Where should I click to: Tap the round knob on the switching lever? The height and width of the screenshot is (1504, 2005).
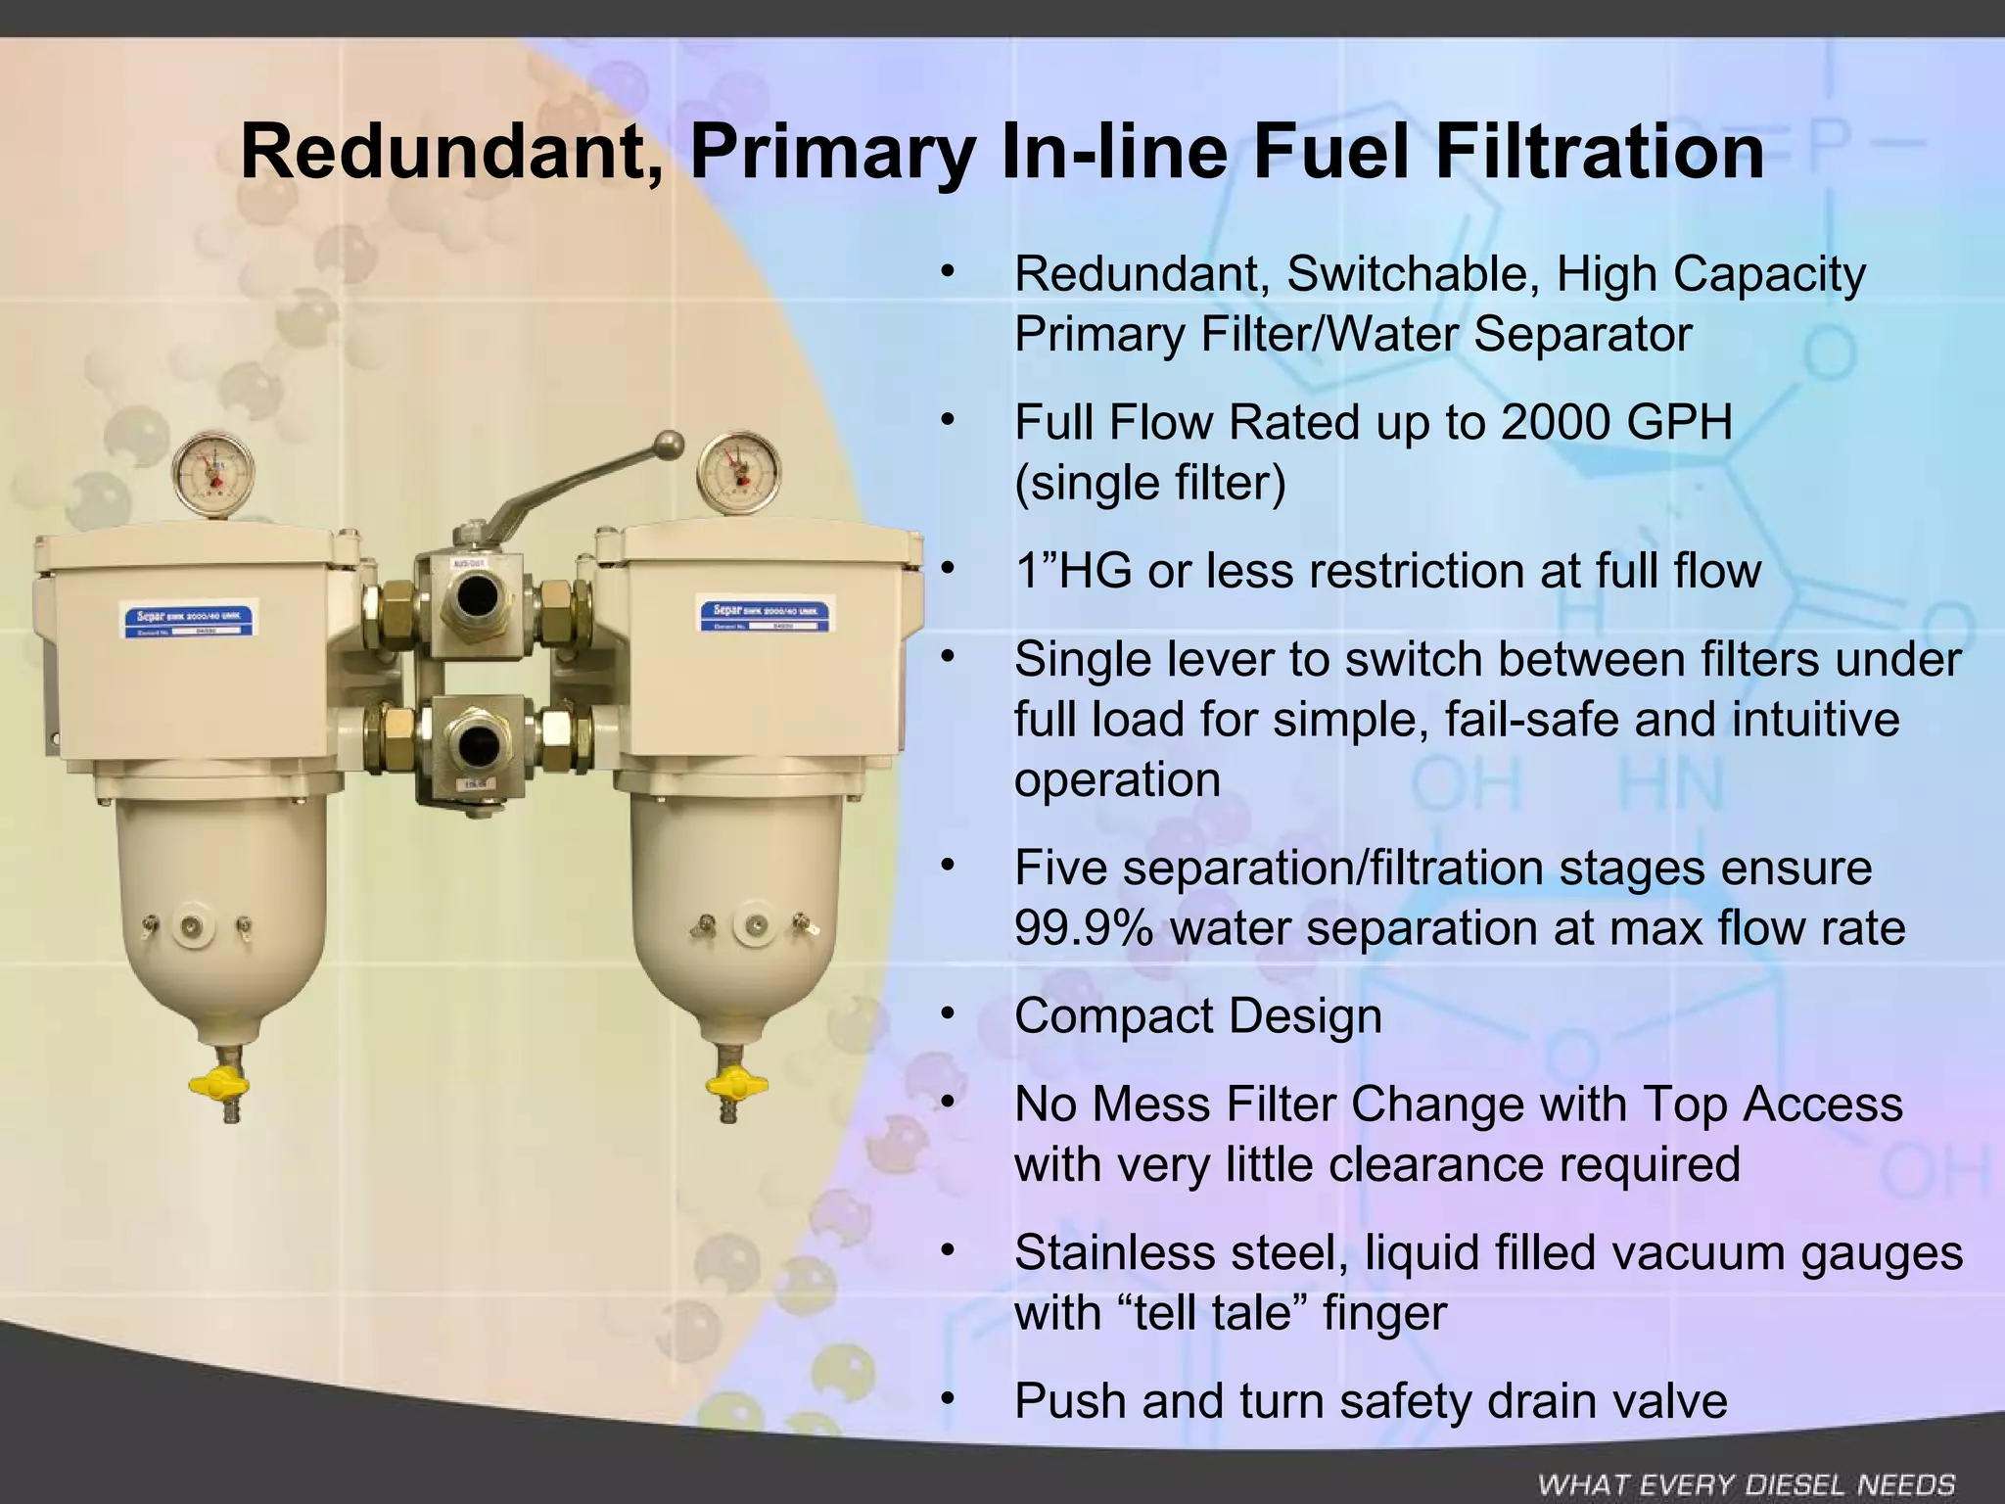click(670, 444)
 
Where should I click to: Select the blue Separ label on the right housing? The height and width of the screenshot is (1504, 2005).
click(765, 616)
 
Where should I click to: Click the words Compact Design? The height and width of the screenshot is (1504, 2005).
click(1198, 1016)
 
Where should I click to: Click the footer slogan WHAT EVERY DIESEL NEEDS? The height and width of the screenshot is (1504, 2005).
click(1746, 1484)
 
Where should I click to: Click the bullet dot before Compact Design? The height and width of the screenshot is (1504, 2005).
click(946, 1014)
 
